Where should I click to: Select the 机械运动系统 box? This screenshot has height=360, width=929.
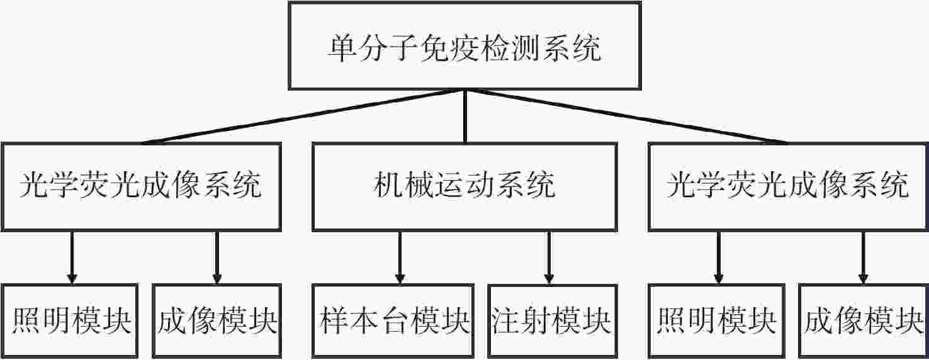[464, 186]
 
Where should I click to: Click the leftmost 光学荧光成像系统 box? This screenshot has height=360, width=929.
[142, 186]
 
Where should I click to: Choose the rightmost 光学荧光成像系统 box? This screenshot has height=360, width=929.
[788, 186]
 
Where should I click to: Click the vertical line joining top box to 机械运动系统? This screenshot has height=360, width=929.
[465, 116]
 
